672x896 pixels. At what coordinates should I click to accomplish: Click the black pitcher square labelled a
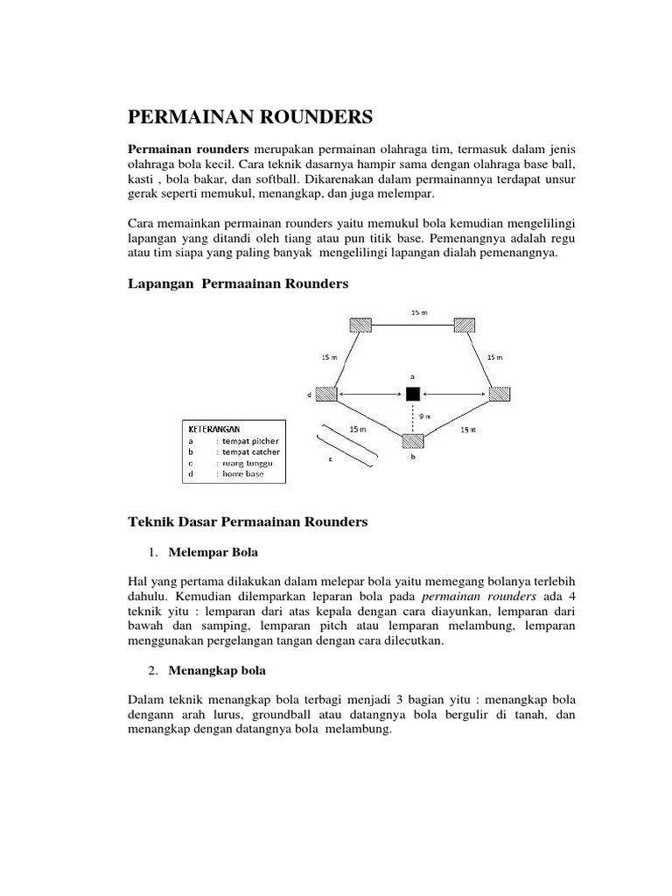(412, 394)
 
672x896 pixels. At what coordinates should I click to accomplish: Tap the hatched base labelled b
(412, 440)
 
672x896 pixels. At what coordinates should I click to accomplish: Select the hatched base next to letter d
(326, 395)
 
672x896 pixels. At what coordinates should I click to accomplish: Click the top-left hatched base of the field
(360, 325)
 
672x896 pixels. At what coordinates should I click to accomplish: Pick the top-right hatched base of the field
(465, 325)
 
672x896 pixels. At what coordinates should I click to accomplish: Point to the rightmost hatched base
(500, 395)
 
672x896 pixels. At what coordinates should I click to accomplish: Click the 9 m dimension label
(424, 416)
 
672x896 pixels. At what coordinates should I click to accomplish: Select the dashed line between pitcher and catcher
(412, 416)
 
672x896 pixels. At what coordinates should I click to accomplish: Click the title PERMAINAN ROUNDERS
(250, 117)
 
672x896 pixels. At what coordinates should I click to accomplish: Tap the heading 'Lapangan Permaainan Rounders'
(238, 283)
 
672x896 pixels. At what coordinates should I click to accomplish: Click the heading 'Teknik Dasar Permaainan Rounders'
(248, 521)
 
